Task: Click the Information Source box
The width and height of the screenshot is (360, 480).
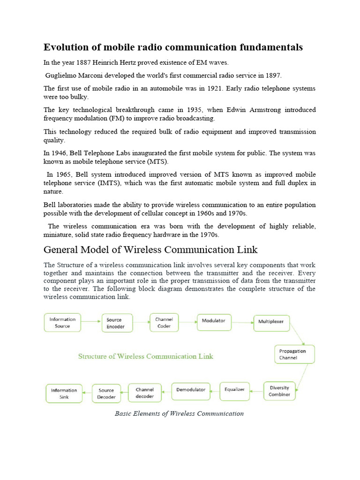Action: tap(62, 322)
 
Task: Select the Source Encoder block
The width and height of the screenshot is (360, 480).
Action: tap(117, 323)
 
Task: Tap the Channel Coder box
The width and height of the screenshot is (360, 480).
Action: tap(164, 322)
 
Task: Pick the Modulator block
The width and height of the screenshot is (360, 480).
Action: tap(214, 322)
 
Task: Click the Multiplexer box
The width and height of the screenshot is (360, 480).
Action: tap(272, 322)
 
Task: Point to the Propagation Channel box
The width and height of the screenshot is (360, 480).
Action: tap(294, 354)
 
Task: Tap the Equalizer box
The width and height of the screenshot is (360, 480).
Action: tap(234, 390)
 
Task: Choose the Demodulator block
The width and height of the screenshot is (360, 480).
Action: tap(191, 390)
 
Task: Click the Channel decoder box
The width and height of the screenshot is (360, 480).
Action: tap(145, 392)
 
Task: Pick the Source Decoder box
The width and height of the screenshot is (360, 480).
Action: tap(107, 393)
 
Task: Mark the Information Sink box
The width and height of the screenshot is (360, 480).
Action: tap(64, 393)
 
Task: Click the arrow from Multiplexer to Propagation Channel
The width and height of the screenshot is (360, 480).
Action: tap(297, 333)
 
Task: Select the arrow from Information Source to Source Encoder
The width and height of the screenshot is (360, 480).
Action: tap(91, 322)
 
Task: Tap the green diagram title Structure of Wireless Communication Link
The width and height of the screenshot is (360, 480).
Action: tap(145, 356)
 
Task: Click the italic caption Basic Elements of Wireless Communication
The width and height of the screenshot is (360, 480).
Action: tap(179, 413)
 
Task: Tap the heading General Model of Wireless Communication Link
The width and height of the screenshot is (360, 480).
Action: tap(150, 249)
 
